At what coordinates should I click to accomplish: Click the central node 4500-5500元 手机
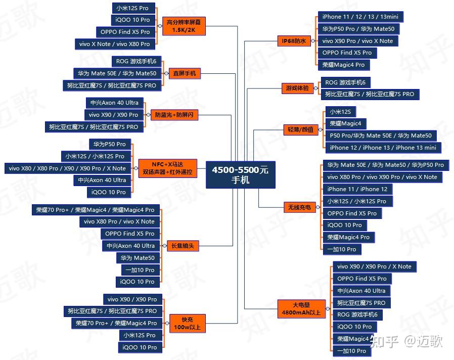(240, 174)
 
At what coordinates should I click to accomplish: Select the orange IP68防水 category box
(294, 41)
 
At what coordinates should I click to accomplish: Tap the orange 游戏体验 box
(296, 88)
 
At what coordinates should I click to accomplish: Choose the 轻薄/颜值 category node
(300, 130)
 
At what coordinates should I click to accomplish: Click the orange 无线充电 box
(299, 207)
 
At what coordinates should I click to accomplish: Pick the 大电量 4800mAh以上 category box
(301, 308)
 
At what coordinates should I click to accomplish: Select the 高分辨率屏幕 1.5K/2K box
(184, 26)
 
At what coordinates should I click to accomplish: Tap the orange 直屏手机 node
(185, 74)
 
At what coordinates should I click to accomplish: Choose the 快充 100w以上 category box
(187, 323)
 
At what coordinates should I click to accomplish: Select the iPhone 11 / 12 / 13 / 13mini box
(360, 17)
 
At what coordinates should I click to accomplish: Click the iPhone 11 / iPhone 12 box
(357, 189)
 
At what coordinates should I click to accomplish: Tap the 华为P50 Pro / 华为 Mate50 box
(358, 29)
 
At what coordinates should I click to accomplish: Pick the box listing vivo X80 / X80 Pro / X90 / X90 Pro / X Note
(67, 168)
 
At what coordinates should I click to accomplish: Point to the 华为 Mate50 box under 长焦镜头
(137, 258)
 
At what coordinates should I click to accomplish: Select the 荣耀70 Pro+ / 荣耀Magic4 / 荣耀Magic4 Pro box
(95, 209)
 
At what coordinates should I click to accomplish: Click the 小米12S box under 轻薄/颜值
(340, 111)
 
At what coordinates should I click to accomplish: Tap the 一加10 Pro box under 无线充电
(342, 249)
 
